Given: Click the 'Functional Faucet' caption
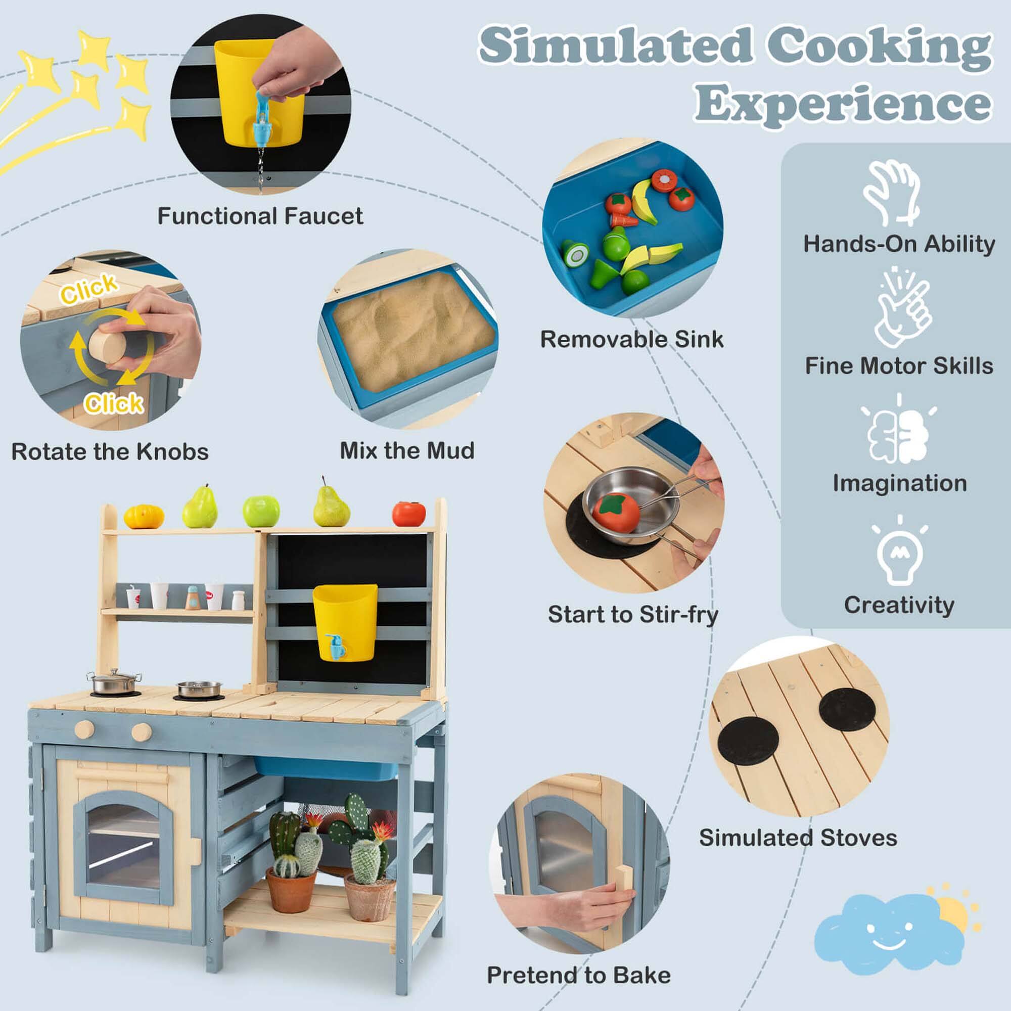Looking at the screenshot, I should (x=260, y=216).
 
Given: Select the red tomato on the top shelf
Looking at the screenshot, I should (x=408, y=514).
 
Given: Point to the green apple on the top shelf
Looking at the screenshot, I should (x=261, y=511).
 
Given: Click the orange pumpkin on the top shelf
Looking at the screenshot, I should (x=144, y=517).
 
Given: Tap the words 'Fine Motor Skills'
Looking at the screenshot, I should (x=898, y=366).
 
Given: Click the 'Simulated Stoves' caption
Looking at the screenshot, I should (x=798, y=838).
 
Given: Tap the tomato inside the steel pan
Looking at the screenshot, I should (x=615, y=512).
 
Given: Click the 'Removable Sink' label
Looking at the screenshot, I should (x=631, y=339).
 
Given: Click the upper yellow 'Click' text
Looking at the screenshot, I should (x=89, y=288).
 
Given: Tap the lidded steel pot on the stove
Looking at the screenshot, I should (x=114, y=682).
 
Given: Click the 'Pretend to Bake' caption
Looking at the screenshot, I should (x=579, y=976).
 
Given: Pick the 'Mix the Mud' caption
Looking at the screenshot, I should (x=407, y=450).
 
